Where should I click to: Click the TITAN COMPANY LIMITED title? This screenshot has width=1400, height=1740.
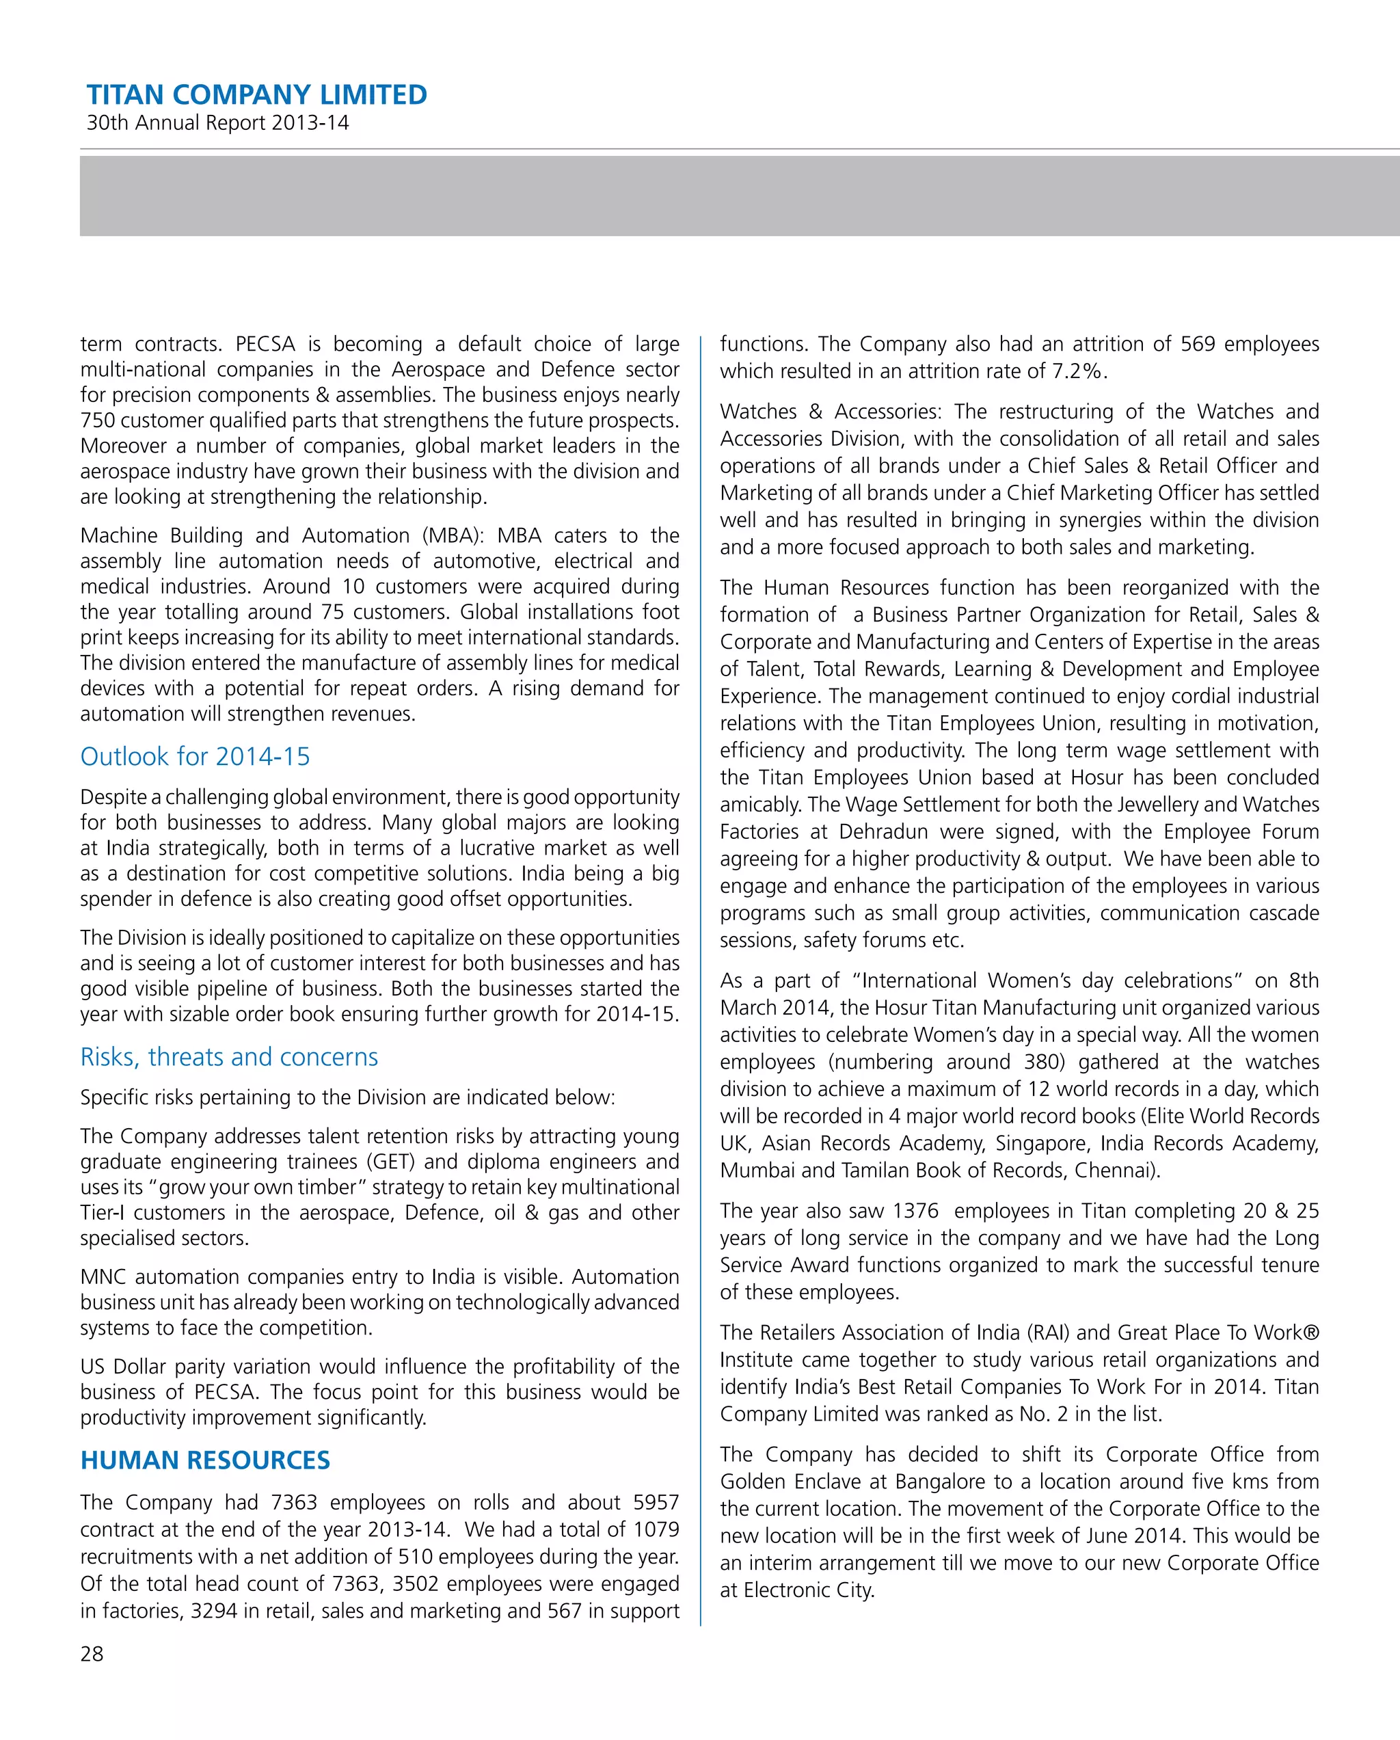coord(256,94)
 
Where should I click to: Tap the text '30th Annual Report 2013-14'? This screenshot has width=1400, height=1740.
coord(217,122)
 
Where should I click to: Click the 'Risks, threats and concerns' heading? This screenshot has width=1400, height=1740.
coord(228,1056)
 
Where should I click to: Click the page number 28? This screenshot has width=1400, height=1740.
coord(92,1654)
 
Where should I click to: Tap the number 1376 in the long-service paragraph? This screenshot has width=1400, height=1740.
coord(915,1211)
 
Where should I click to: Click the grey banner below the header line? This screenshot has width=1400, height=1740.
coord(739,196)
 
